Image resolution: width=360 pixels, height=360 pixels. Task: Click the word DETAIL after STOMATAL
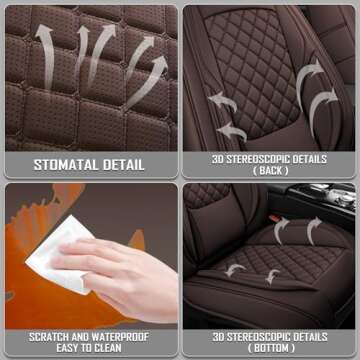coord(125,164)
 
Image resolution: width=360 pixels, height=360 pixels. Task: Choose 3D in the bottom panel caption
coord(221,335)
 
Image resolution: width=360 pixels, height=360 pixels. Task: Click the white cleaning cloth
coord(60,255)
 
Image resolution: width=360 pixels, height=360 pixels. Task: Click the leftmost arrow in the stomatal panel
coord(44,45)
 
